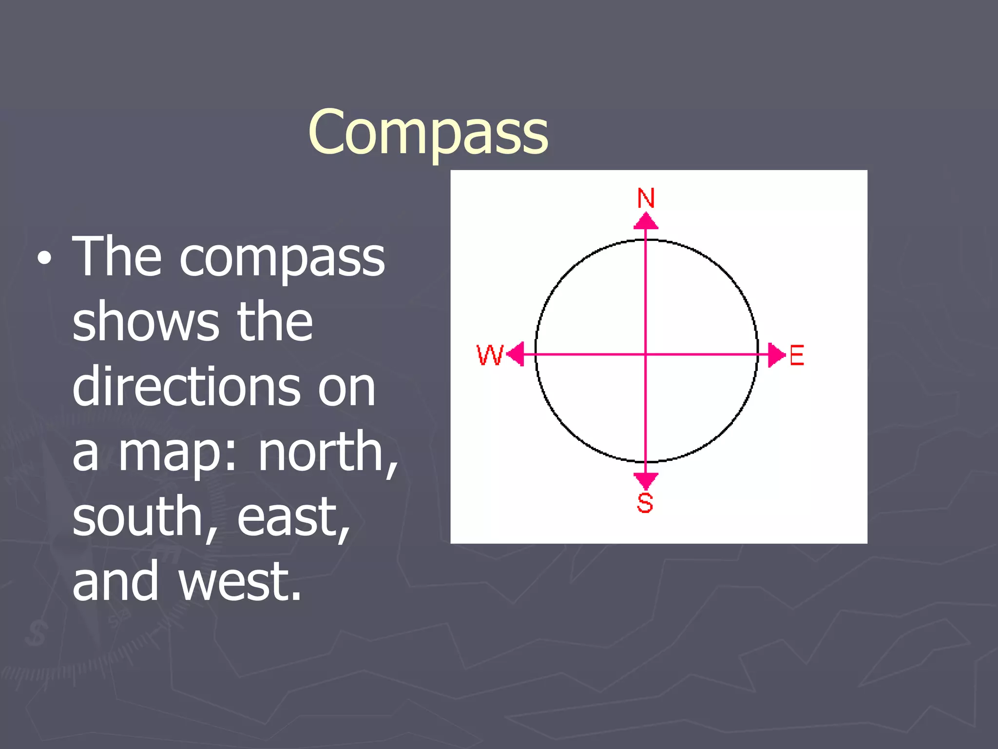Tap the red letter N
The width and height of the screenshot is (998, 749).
click(646, 198)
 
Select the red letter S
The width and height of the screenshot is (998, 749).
click(645, 503)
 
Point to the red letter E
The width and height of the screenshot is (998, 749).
click(796, 355)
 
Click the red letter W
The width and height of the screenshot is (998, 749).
click(490, 355)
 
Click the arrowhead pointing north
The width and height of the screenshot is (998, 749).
click(646, 221)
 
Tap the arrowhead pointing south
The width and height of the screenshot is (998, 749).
click(646, 480)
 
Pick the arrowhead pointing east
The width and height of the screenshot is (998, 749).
click(776, 355)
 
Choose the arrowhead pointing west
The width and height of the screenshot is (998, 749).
click(516, 354)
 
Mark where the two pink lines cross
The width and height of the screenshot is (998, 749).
click(646, 355)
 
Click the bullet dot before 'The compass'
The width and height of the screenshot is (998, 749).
click(44, 259)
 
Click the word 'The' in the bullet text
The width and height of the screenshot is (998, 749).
click(116, 256)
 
